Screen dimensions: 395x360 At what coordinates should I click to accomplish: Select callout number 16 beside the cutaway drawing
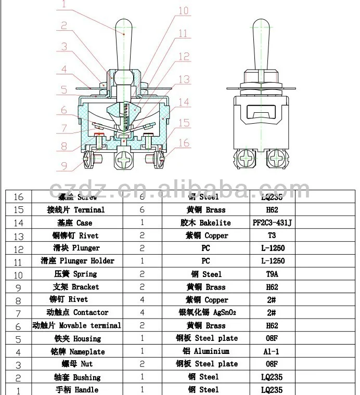click(184, 142)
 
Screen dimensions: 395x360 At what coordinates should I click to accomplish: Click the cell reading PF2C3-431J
click(272, 223)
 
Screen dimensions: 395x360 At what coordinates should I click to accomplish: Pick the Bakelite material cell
click(205, 223)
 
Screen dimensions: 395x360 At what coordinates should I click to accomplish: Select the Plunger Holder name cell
click(78, 261)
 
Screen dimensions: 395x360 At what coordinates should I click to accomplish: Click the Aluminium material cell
click(205, 351)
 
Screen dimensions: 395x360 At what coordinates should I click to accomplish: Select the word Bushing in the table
click(87, 377)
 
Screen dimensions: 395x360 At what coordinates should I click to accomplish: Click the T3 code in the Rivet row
click(272, 235)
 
